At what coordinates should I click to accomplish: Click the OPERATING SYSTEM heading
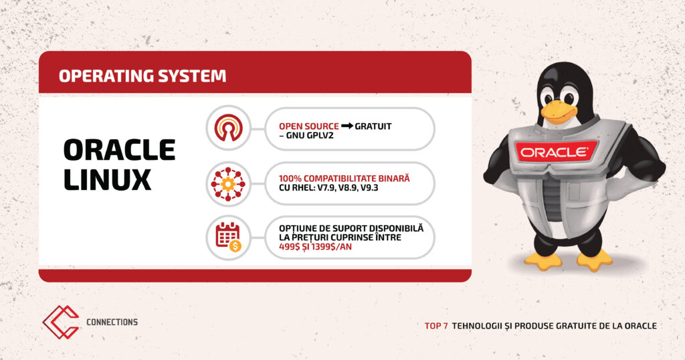pos(142,76)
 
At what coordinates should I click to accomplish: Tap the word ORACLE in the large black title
pos(120,150)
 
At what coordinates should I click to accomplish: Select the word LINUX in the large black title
pos(108,179)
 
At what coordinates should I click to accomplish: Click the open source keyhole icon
pos(228,128)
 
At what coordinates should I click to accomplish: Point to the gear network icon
pos(228,184)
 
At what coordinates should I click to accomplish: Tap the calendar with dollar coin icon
pos(228,238)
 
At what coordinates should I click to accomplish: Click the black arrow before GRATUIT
pos(347,126)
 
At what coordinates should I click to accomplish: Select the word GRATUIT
pos(373,126)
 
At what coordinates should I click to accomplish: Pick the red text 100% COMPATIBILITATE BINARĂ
pos(345,178)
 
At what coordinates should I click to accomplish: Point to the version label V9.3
pos(369,188)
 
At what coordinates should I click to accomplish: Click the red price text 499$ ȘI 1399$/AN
pos(315,247)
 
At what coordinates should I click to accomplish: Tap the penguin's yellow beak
pos(559,111)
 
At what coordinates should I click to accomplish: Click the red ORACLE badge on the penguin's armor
pos(554,153)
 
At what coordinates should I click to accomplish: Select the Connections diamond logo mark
pos(61,323)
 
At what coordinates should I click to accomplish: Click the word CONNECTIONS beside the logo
pos(112,322)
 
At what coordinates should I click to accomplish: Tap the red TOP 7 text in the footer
pos(436,326)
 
